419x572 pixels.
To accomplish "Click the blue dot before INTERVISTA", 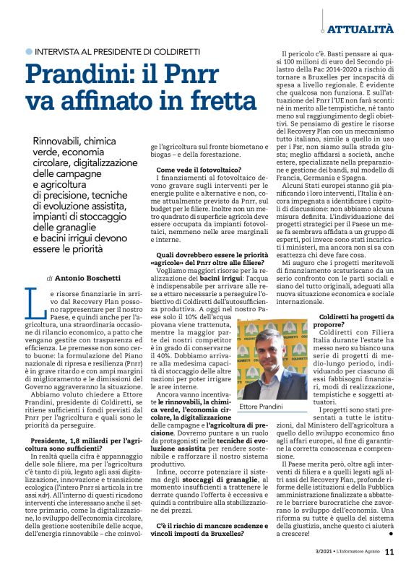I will click(x=29, y=51).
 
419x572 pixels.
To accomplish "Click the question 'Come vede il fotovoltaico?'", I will click(x=199, y=190).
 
